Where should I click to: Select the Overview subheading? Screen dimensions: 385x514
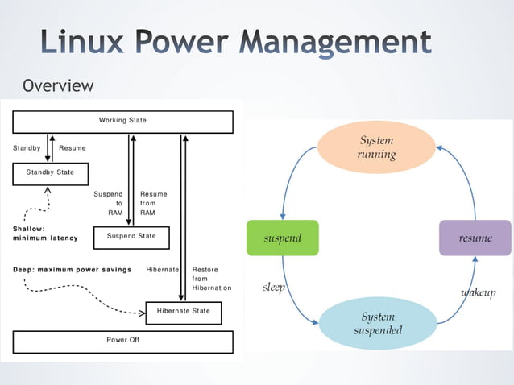[x=58, y=85]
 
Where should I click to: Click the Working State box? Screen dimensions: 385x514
[x=122, y=121]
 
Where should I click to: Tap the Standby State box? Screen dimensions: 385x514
[x=50, y=173]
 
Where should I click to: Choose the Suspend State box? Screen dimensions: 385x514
[x=131, y=237]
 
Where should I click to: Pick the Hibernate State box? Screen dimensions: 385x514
[x=183, y=311]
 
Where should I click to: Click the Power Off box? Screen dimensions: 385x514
[x=122, y=341]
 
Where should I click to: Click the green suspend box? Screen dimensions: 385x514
[x=282, y=238]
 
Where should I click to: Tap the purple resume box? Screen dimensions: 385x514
[x=475, y=238]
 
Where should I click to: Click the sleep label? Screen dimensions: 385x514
[x=274, y=288]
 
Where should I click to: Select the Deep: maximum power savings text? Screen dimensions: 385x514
[x=72, y=270]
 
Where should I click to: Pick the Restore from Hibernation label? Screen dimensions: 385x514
[x=210, y=279]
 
